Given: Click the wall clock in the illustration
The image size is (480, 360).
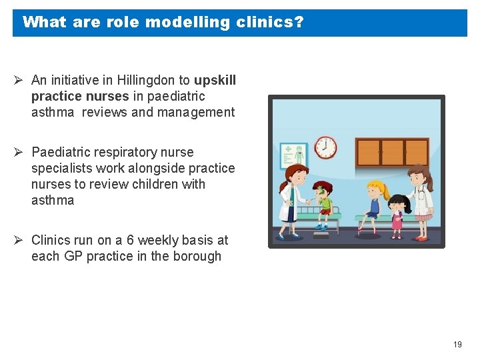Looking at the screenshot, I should pos(325,147).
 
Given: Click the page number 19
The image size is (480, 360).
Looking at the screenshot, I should pos(457,345).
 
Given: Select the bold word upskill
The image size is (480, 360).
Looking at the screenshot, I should pos(215,80).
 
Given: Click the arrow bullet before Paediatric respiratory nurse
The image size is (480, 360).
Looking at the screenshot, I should pos(19,152).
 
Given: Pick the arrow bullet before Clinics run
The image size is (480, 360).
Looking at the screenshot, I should pos(19,240).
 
